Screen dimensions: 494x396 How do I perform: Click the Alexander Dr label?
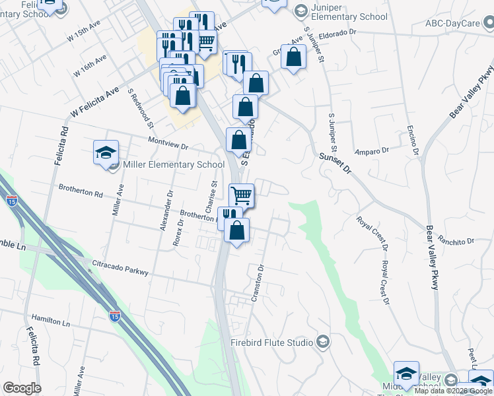[x=165, y=211]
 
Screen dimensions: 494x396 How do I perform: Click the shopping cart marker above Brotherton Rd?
[x=242, y=195]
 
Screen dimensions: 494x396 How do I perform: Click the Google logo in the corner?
[x=22, y=388]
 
